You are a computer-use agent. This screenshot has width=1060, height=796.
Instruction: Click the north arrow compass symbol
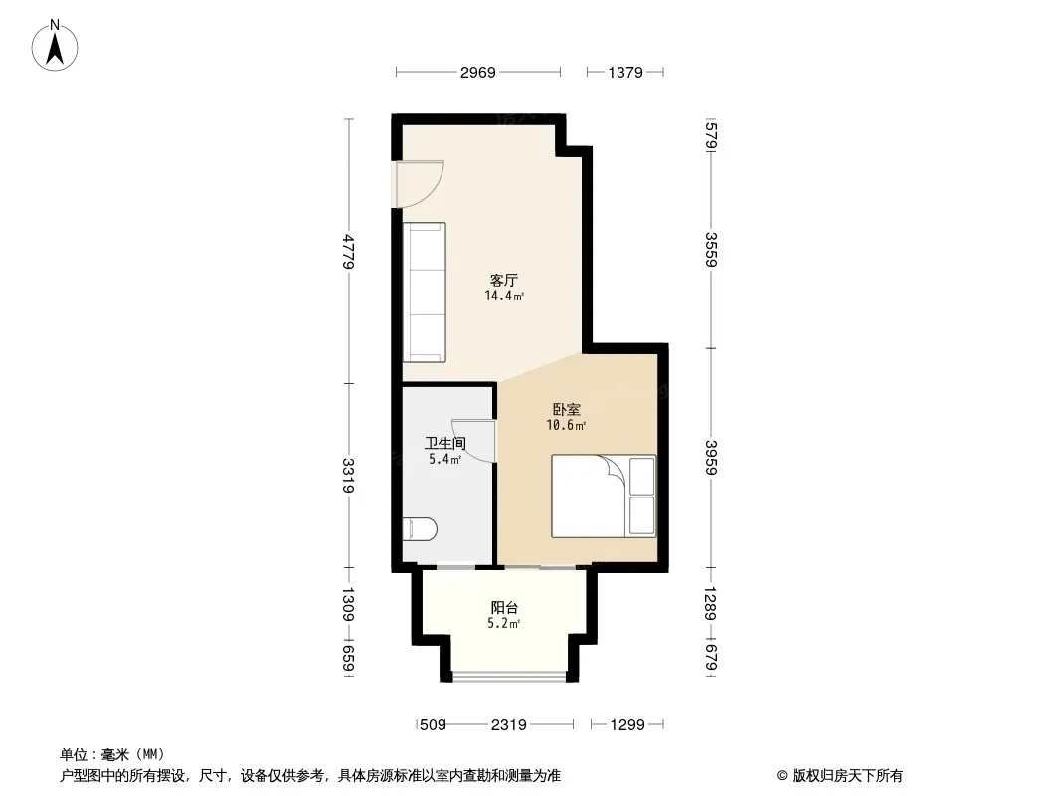click(x=55, y=46)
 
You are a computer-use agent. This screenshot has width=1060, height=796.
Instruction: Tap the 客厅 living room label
click(x=503, y=280)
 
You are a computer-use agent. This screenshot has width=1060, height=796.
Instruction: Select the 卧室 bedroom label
click(x=567, y=409)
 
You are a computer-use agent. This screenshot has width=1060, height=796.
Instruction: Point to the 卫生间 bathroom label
click(x=444, y=444)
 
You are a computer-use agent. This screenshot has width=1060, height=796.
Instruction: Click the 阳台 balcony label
click(x=504, y=607)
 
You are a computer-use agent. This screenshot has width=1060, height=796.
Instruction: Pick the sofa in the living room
click(x=425, y=293)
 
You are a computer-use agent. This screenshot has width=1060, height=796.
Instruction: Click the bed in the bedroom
click(x=604, y=497)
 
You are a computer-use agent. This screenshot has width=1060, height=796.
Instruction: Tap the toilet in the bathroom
click(x=420, y=529)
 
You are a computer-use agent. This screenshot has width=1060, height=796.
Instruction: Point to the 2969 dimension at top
click(x=478, y=72)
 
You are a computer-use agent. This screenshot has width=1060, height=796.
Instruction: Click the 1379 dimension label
click(x=625, y=72)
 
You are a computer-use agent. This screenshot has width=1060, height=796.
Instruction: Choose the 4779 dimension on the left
click(x=349, y=251)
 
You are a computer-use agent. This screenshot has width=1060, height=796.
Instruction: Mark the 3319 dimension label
click(x=349, y=476)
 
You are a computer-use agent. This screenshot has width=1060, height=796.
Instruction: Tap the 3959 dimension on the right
click(x=711, y=458)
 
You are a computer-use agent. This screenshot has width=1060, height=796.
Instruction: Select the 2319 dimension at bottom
click(x=508, y=725)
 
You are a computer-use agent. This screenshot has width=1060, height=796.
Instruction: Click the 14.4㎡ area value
click(x=504, y=296)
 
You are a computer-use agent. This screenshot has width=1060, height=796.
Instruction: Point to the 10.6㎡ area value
click(x=566, y=425)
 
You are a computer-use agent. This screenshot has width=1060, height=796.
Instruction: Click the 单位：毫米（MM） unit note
click(x=112, y=754)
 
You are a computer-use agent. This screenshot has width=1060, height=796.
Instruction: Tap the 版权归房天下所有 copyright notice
click(x=839, y=776)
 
